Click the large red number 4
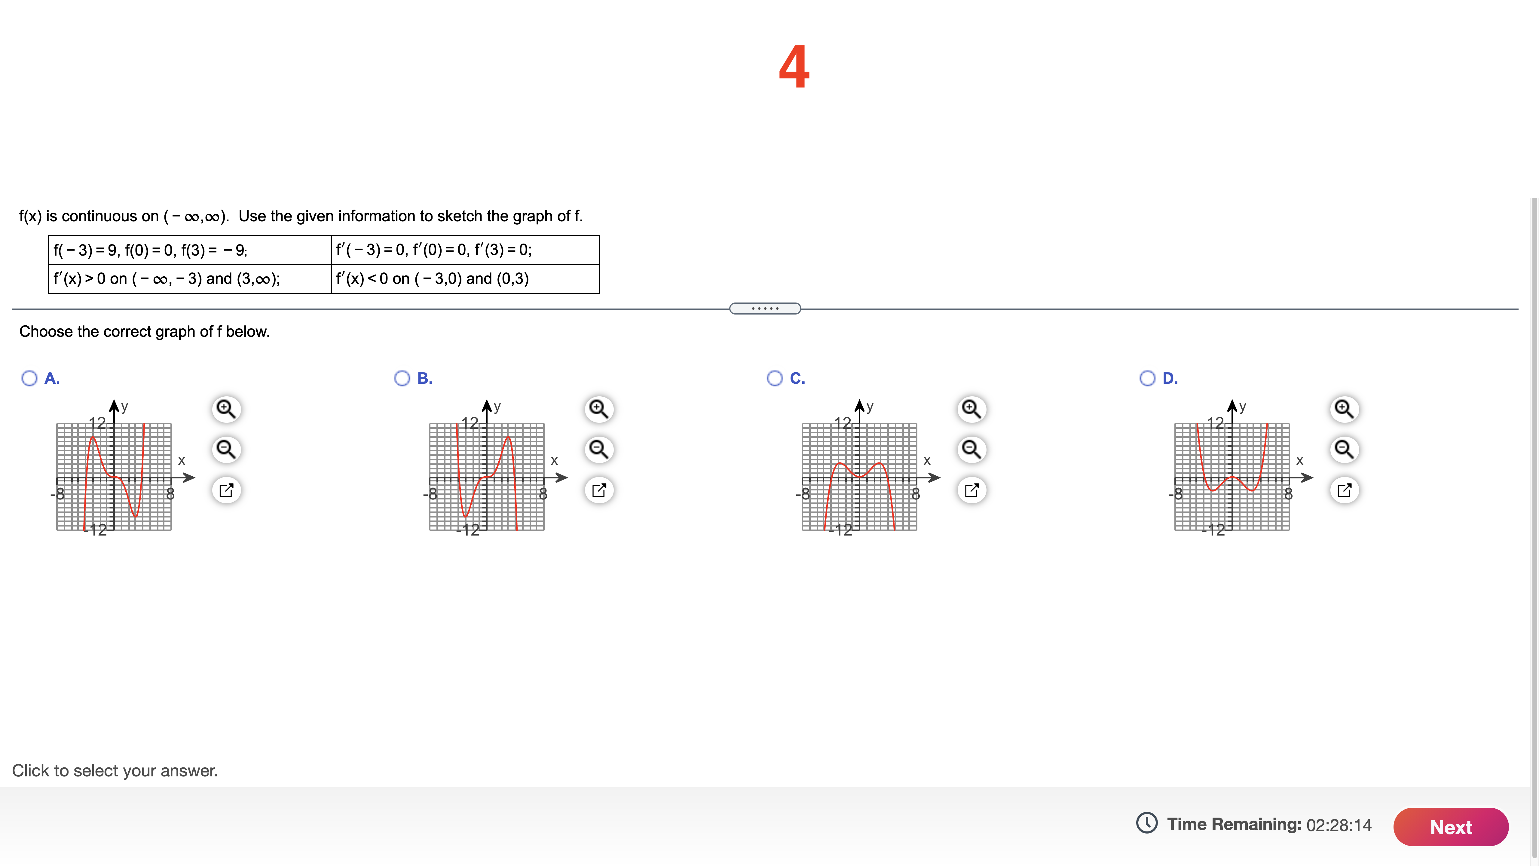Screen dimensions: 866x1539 pos(794,67)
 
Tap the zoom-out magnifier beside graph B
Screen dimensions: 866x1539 pos(599,449)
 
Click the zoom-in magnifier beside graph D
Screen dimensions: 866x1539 pos(1344,409)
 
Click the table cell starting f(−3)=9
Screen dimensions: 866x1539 pos(189,250)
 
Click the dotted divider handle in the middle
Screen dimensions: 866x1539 pos(765,309)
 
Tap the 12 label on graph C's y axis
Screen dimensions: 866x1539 pos(842,423)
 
